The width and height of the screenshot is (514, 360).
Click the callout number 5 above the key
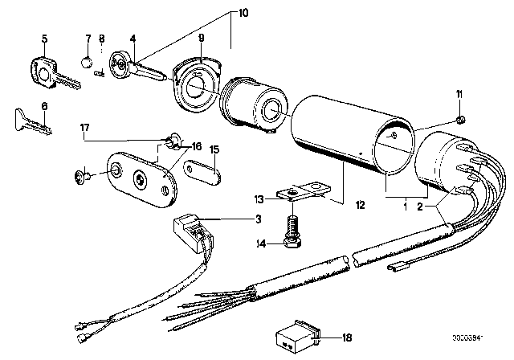point(45,37)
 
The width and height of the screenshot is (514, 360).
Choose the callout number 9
point(202,37)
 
